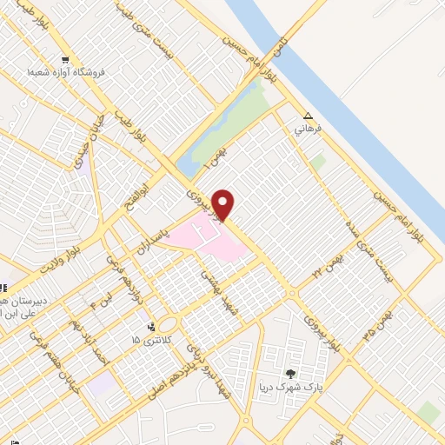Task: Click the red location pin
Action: [223, 203]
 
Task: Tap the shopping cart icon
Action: [65, 60]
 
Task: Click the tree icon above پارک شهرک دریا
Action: [290, 374]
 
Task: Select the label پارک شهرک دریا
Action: [288, 388]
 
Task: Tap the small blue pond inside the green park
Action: [185, 164]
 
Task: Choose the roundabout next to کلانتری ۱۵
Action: [168, 326]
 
